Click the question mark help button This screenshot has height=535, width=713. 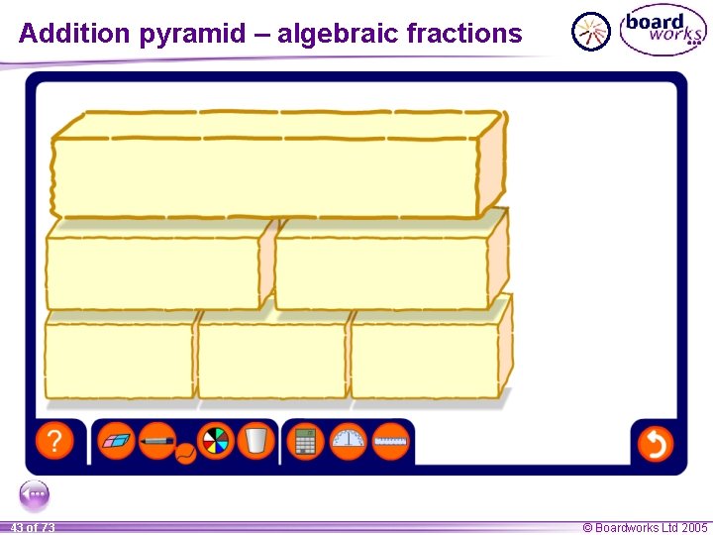click(54, 441)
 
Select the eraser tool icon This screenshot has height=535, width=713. click(118, 440)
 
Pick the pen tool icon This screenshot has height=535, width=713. click(157, 439)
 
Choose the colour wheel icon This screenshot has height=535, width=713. click(215, 440)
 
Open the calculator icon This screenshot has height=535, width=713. click(306, 441)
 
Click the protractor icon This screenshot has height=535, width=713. click(349, 441)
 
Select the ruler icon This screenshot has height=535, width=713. click(391, 441)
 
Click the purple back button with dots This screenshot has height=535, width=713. click(34, 493)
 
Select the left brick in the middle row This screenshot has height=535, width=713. click(153, 272)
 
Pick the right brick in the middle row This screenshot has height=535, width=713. click(381, 272)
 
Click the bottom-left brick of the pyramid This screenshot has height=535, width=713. click(119, 361)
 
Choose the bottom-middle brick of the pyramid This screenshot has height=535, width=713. click(271, 361)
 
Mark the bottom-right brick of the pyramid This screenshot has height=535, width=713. click(424, 361)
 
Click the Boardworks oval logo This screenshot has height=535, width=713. click(662, 32)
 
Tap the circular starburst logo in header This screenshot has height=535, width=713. click(591, 32)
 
